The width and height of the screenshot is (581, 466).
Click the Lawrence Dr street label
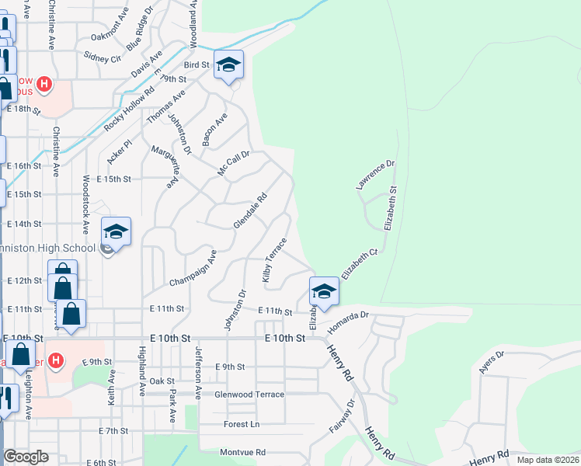pos(376,176)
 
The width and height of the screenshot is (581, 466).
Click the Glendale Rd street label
pos(250,210)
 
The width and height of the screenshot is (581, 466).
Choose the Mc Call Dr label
pos(233,162)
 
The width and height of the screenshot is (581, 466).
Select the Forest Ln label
pos(242,424)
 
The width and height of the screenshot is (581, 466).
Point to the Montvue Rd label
pos(242,452)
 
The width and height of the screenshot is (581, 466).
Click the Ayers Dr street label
pos(491,363)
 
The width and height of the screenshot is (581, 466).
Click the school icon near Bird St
pos(228,65)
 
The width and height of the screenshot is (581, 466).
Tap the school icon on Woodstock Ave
pos(116,231)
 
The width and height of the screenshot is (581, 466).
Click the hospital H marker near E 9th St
pos(55,360)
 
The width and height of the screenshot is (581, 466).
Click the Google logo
pos(26,457)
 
